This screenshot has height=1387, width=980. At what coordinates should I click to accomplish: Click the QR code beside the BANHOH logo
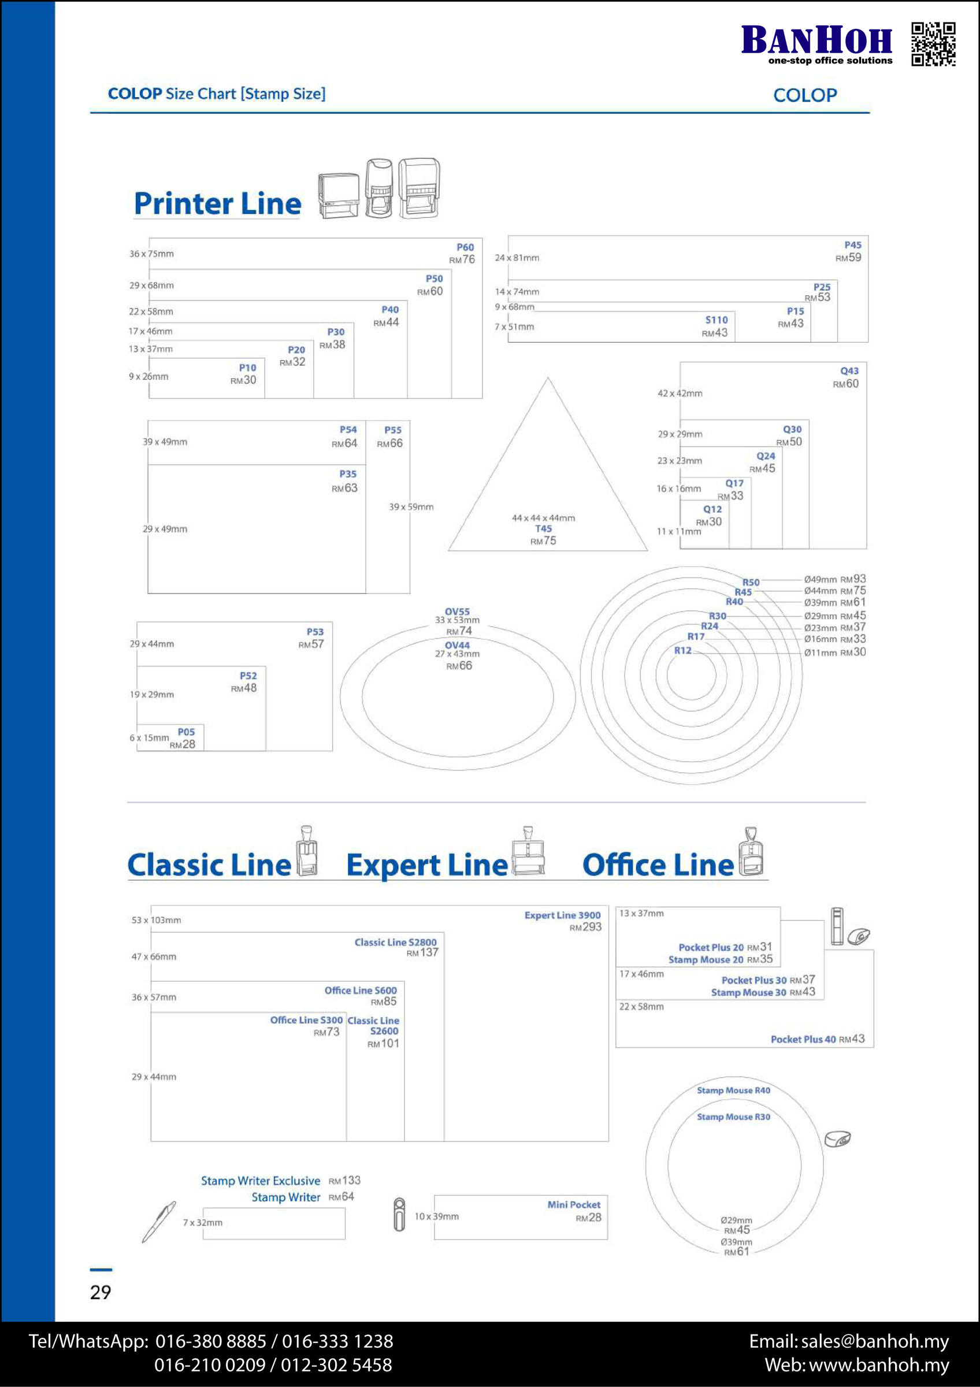tap(933, 44)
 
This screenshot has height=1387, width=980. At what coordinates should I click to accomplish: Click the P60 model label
tap(465, 247)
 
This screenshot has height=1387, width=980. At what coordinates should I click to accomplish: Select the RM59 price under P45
tap(848, 257)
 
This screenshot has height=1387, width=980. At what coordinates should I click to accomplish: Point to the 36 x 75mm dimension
tap(151, 254)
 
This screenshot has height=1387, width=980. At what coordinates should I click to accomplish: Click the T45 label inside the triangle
tap(543, 529)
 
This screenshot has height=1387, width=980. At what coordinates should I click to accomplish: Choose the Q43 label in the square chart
tap(849, 371)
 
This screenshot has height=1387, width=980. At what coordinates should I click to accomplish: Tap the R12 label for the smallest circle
tap(683, 651)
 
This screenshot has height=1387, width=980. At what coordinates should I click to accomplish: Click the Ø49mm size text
tap(820, 579)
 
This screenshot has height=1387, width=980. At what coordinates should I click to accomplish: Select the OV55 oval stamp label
tap(457, 611)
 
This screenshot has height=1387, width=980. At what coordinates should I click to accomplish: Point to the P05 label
tap(186, 732)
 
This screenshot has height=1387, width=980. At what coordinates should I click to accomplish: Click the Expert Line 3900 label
tap(562, 915)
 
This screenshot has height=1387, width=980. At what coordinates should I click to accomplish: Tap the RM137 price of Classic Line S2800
tap(422, 952)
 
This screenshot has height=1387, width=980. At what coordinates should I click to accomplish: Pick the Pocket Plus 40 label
tap(803, 1039)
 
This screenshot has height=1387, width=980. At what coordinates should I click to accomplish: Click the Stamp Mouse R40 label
tap(734, 1091)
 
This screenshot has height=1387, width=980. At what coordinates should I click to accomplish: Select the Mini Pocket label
tap(574, 1204)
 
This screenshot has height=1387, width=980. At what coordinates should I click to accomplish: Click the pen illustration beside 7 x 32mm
tap(159, 1222)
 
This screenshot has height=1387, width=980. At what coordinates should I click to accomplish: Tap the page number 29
tap(100, 1292)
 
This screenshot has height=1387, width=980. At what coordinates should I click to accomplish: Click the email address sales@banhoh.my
tap(875, 1341)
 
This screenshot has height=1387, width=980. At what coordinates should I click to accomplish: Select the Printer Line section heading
tap(217, 203)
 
